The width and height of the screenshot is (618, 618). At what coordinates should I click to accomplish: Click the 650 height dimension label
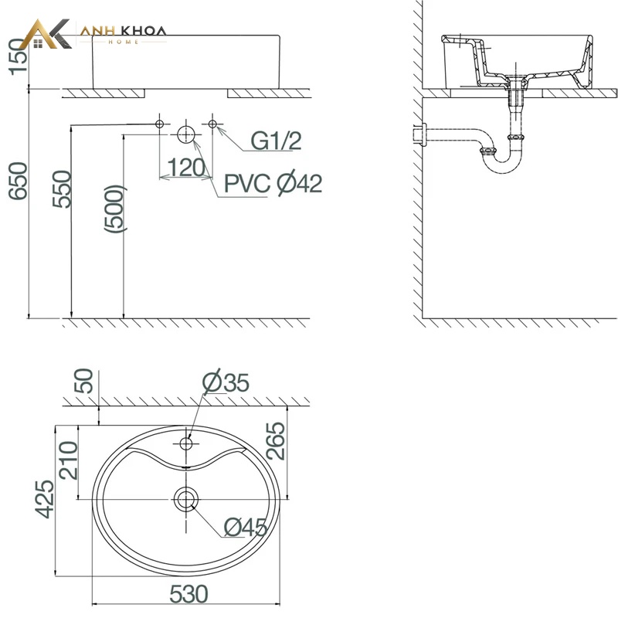tap(19, 181)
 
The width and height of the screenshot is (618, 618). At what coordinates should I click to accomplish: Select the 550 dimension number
tap(63, 189)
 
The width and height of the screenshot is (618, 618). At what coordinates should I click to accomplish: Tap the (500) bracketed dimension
tap(114, 209)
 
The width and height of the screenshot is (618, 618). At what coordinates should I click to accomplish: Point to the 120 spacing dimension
tap(186, 168)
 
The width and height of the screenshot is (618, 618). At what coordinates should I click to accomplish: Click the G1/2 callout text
tap(277, 141)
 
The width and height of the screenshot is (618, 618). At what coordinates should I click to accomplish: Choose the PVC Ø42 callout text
tap(273, 183)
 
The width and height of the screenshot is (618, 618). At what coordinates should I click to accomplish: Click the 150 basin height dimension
tap(19, 56)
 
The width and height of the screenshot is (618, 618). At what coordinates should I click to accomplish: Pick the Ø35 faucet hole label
tap(226, 382)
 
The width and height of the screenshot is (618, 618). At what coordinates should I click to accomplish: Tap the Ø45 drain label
tap(246, 528)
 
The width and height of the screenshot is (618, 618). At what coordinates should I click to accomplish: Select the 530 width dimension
tap(188, 594)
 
